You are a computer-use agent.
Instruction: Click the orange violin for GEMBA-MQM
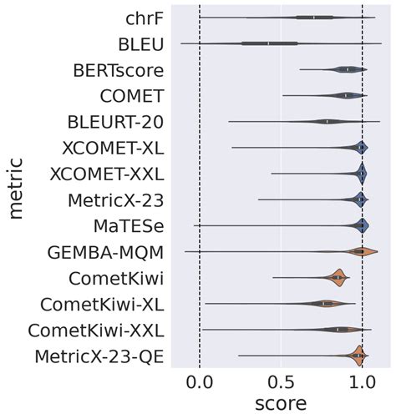(x=360, y=252)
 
